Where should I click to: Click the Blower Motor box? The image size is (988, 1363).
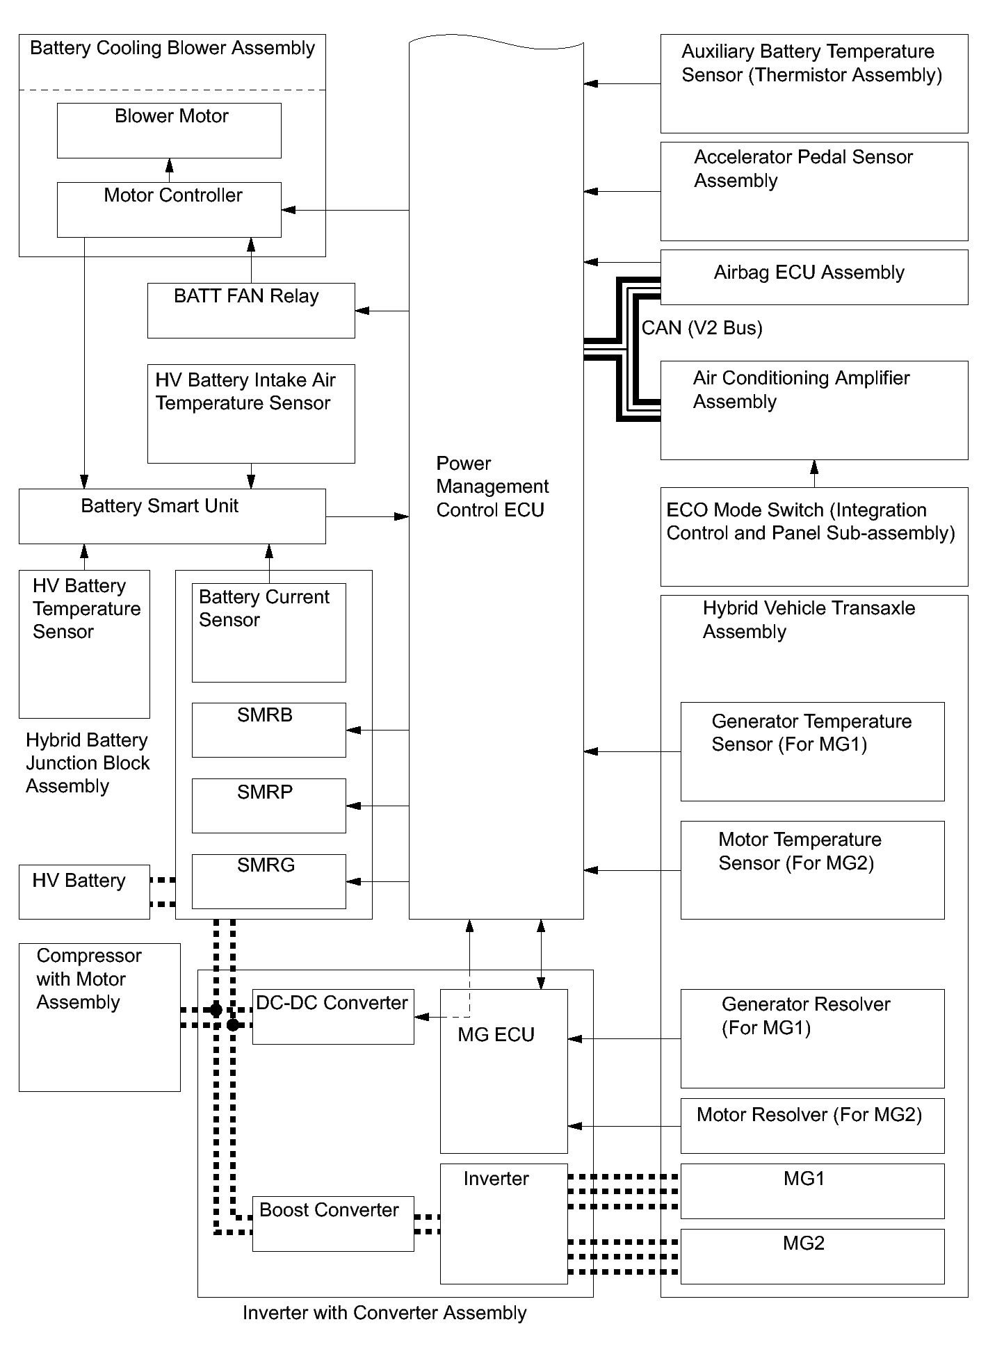[169, 131]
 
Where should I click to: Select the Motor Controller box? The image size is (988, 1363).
[169, 209]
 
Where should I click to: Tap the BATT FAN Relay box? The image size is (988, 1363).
[251, 310]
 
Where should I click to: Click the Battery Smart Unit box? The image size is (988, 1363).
[172, 516]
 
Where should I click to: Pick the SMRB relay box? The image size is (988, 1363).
[268, 729]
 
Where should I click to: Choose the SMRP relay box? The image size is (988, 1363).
[268, 805]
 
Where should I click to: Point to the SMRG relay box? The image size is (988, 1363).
[268, 881]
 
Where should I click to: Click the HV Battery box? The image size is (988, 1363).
[84, 891]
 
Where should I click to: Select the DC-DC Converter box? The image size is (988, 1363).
[332, 1016]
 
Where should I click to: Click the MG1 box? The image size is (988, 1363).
[812, 1191]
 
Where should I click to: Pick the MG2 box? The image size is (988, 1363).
[812, 1256]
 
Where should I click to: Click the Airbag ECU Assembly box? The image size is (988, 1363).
[813, 277]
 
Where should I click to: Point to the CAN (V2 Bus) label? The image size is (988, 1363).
[702, 328]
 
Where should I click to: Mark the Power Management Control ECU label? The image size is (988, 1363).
[492, 487]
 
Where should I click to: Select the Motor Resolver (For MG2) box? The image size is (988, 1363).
[812, 1125]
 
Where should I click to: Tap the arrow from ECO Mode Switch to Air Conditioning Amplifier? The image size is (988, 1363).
[814, 473]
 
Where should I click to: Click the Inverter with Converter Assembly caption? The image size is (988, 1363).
[384, 1313]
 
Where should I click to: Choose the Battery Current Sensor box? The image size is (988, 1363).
[268, 632]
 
